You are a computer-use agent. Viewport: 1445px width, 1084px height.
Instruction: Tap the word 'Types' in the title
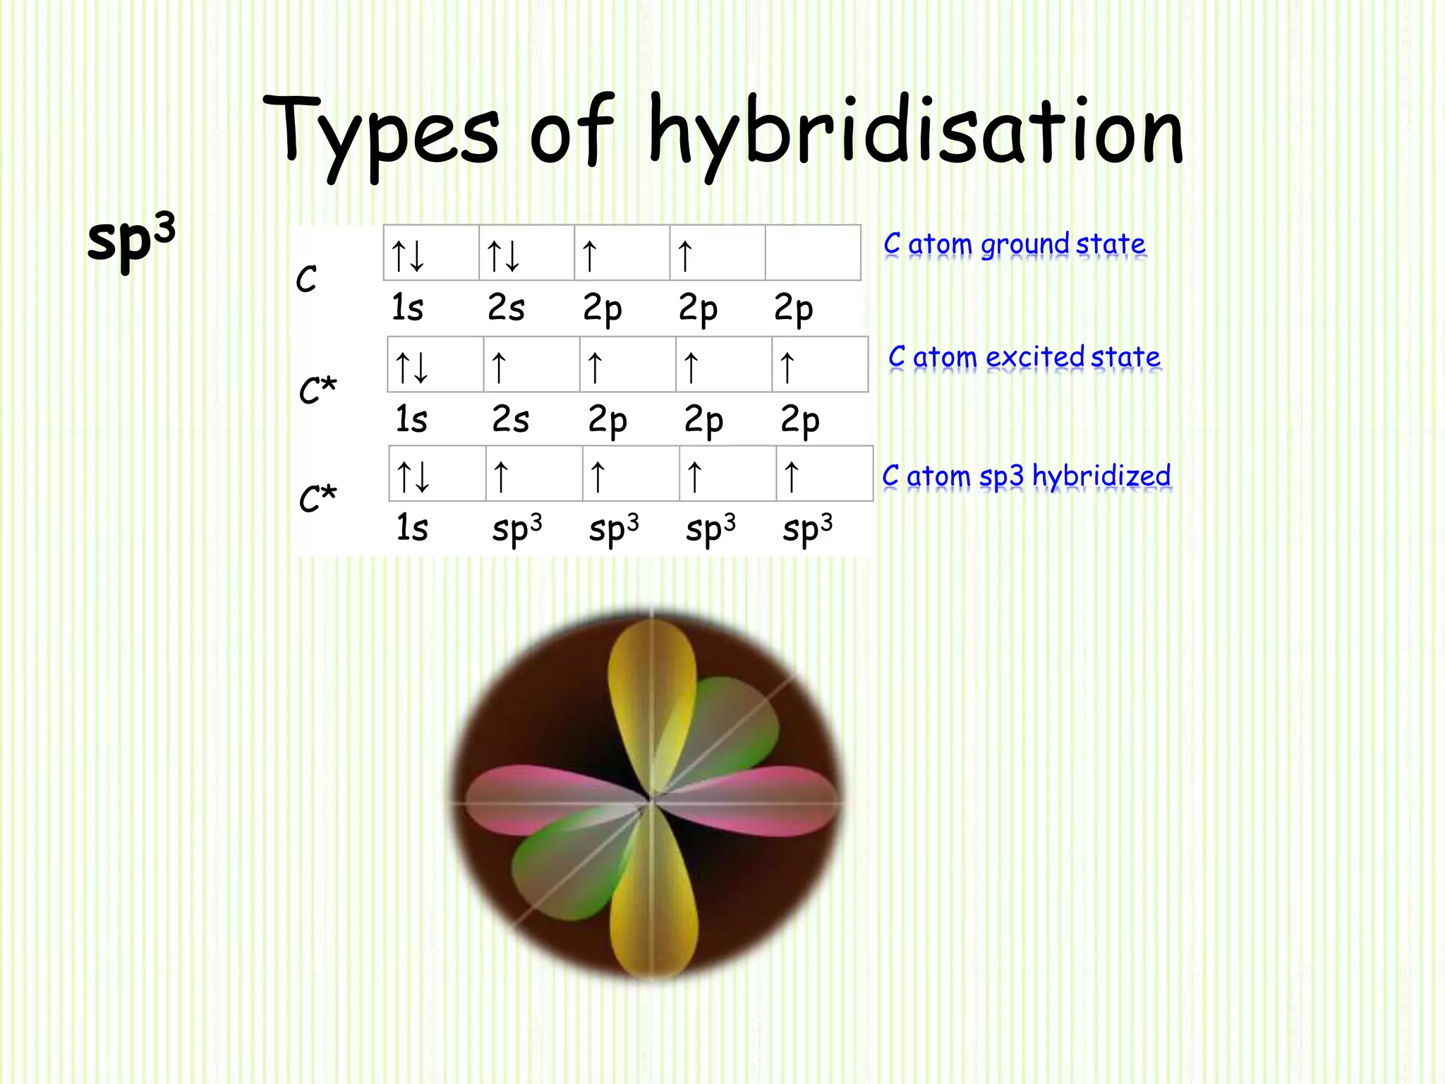[x=381, y=134]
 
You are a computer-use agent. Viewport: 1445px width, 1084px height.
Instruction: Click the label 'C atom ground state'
[x=1014, y=244]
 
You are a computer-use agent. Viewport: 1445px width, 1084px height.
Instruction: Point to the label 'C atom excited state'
[x=1024, y=357]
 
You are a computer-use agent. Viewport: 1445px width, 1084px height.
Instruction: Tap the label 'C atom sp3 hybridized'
[x=1026, y=476]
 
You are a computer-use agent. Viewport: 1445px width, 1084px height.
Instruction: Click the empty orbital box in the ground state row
[x=813, y=253]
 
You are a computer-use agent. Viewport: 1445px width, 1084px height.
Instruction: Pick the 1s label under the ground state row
[x=407, y=308]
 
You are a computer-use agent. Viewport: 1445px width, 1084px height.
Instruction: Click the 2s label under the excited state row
[x=510, y=420]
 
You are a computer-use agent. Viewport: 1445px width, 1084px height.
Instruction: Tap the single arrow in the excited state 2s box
[x=499, y=367]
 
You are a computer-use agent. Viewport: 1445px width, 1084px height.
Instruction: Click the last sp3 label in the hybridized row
[x=807, y=529]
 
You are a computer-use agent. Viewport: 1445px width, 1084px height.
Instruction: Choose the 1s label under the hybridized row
[x=412, y=529]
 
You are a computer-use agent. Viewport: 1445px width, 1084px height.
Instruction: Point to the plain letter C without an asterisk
[x=306, y=279]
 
